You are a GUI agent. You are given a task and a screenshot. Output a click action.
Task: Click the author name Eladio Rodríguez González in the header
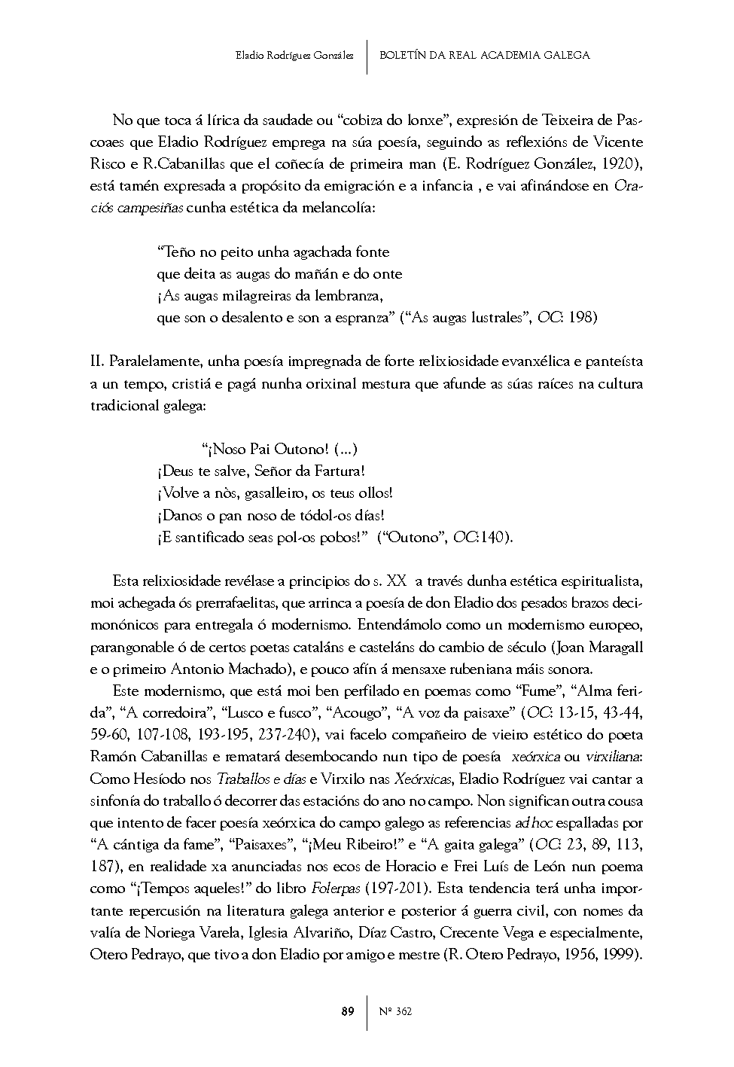294,55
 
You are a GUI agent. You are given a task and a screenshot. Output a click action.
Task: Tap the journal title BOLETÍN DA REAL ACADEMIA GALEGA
485,55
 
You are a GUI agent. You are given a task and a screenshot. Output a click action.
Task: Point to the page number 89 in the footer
347,1011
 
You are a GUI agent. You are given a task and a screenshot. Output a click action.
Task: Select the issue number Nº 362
396,1011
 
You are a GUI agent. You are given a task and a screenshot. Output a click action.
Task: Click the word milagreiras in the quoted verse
244,295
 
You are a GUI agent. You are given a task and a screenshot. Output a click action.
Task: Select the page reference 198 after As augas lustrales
583,317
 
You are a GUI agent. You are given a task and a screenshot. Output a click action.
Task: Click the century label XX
396,581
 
